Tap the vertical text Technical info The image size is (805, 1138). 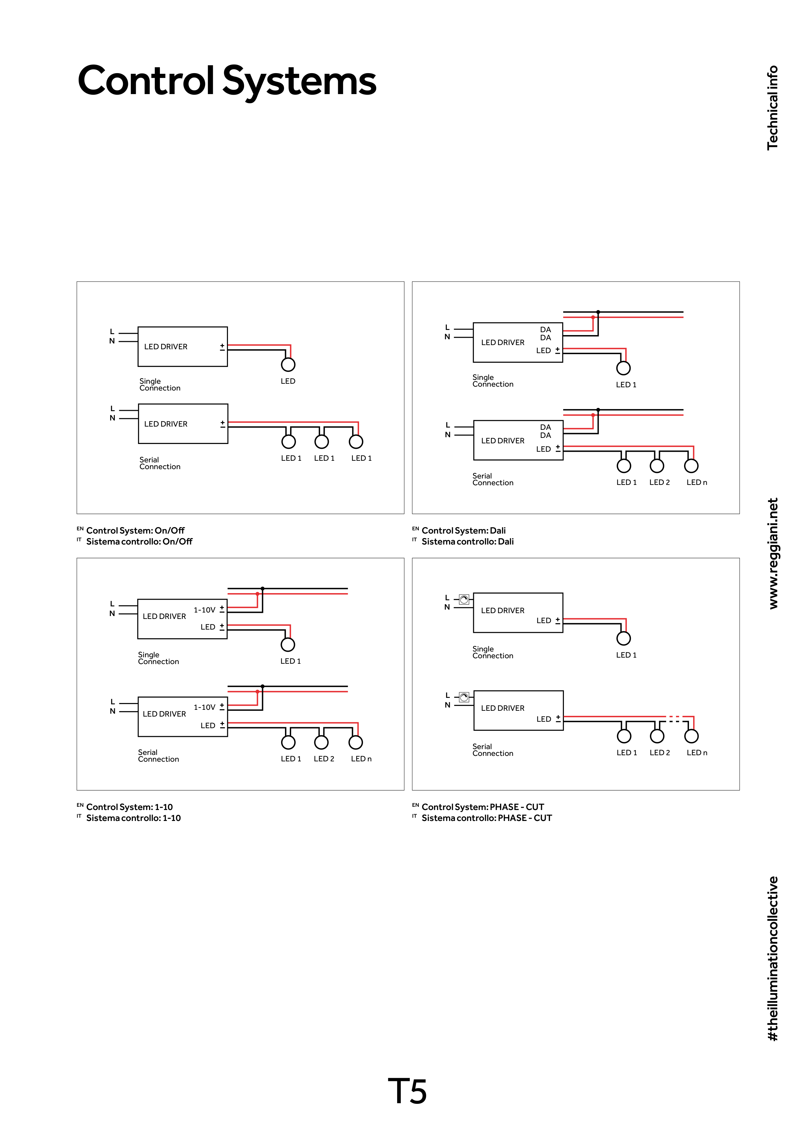[x=772, y=108]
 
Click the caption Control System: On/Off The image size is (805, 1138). [x=135, y=530]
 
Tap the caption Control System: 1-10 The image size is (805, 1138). [x=130, y=807]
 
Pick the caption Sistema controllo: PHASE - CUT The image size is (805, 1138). [x=486, y=818]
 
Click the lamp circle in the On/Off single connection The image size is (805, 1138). [x=288, y=365]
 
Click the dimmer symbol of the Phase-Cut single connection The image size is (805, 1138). [x=464, y=600]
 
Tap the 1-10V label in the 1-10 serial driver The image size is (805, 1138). [x=204, y=707]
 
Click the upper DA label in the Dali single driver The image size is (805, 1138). [x=545, y=330]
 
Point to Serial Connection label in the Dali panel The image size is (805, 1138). [x=493, y=479]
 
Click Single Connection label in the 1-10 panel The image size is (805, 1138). [x=158, y=658]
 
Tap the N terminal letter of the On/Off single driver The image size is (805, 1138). [x=112, y=341]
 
